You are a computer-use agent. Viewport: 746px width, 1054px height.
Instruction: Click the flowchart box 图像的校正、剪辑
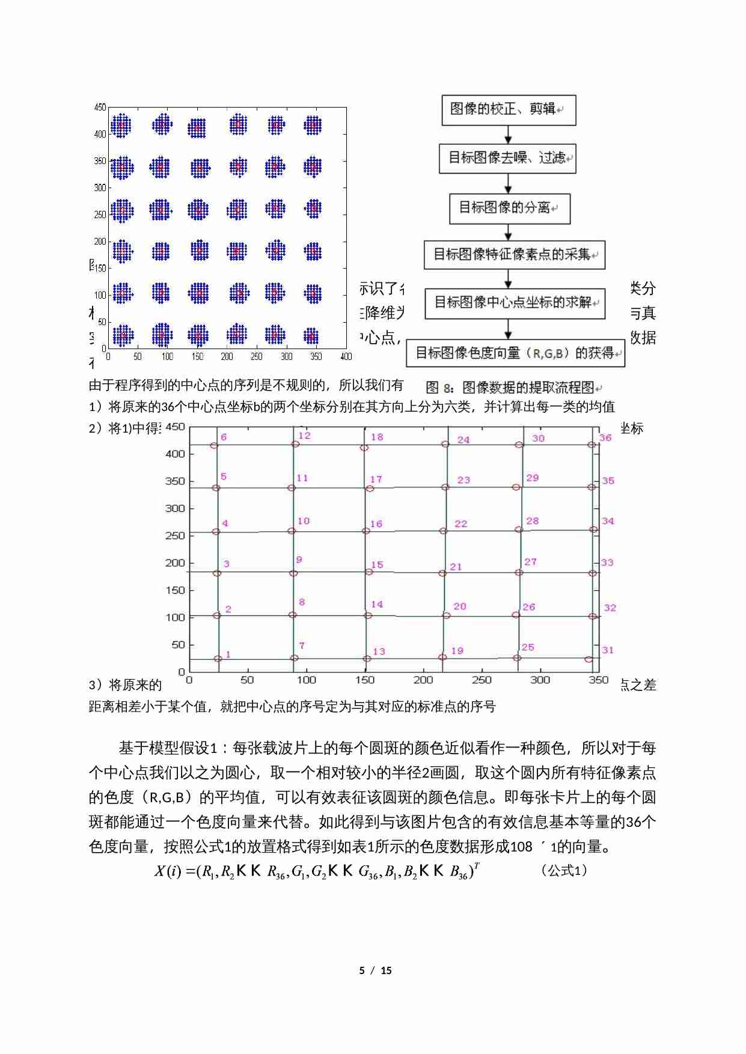(509, 110)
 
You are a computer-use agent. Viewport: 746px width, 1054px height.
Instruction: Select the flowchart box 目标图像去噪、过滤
(507, 159)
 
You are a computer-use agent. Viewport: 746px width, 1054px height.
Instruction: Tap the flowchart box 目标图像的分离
(509, 208)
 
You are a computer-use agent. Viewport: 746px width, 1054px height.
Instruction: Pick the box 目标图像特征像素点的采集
(514, 255)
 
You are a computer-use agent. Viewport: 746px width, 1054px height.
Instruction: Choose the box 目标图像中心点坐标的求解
(515, 303)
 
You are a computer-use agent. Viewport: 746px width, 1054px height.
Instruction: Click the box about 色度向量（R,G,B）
(515, 353)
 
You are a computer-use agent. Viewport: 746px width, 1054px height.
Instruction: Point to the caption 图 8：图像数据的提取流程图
(514, 388)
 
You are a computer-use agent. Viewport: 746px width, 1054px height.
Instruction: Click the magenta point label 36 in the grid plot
(605, 437)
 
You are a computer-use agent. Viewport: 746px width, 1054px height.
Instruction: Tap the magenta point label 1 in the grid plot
(228, 654)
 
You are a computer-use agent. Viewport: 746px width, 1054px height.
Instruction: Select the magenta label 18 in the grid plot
(377, 437)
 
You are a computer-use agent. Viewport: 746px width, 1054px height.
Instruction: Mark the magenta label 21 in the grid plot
(456, 567)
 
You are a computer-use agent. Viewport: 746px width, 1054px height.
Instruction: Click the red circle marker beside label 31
(589, 659)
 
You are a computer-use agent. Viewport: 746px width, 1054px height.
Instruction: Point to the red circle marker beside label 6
(214, 445)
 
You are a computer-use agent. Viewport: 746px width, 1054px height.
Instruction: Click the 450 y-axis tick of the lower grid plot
(175, 427)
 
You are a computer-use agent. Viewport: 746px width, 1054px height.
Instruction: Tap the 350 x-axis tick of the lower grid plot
(598, 680)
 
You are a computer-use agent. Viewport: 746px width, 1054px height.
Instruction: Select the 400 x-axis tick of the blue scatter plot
(346, 356)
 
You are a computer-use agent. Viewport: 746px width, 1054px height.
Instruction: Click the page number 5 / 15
(375, 970)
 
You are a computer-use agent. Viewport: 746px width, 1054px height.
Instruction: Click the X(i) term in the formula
(168, 871)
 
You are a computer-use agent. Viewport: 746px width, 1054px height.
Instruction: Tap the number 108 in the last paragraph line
(521, 847)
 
